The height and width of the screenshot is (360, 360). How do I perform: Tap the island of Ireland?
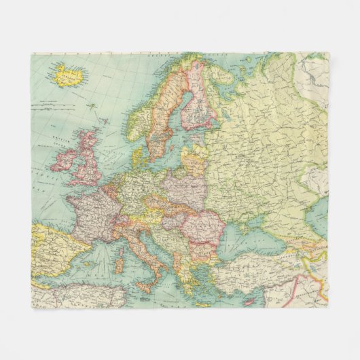point(65,160)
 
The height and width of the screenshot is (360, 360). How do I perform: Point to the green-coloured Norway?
point(144,112)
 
